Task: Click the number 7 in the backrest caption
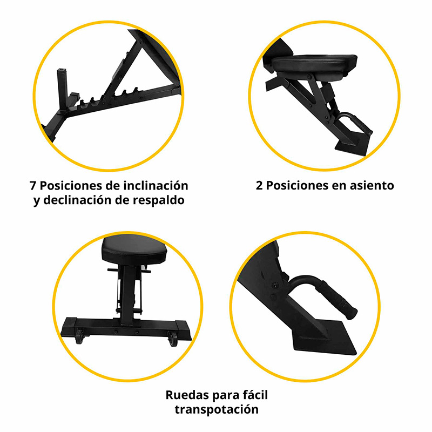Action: coord(33,186)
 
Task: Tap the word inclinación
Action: coord(154,186)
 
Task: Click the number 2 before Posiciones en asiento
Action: coord(259,186)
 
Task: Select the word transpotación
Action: coord(217,409)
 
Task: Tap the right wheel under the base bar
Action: coord(173,340)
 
